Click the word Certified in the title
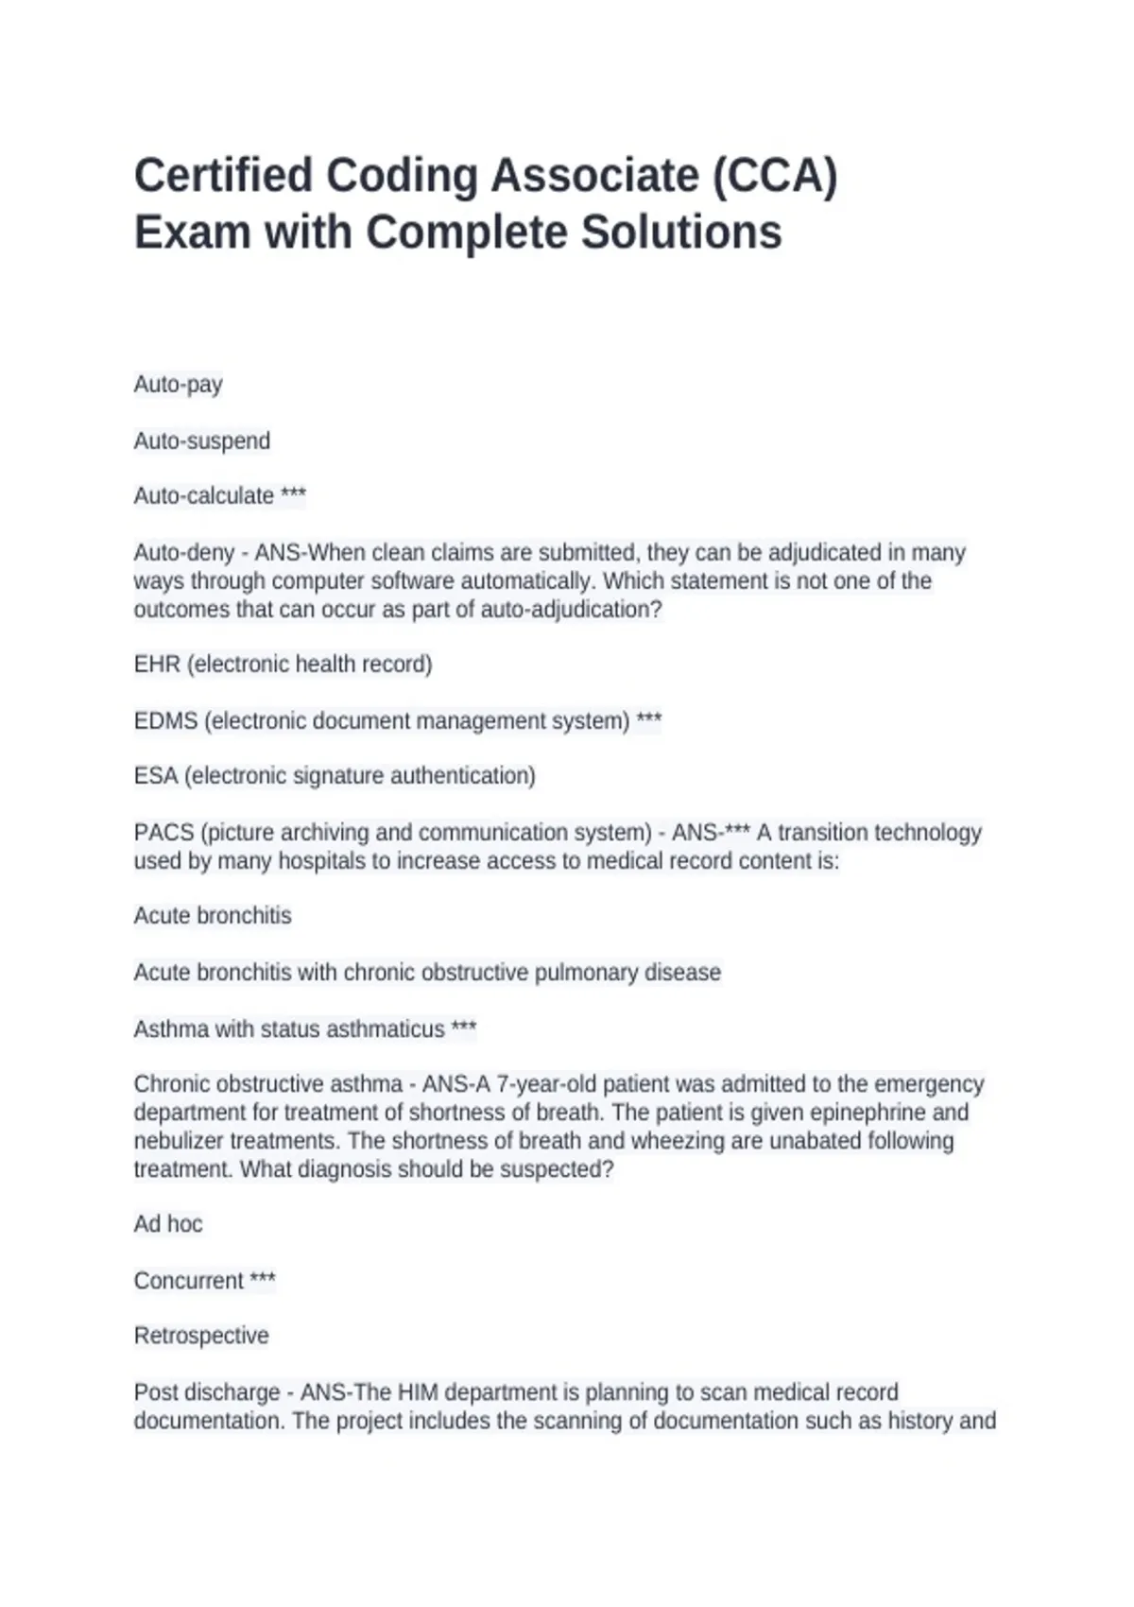tap(223, 177)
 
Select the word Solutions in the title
tap(680, 233)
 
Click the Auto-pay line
tap(179, 385)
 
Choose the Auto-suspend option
tap(202, 441)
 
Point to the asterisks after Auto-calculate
tap(293, 494)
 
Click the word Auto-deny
tap(184, 552)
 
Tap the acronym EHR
tap(157, 665)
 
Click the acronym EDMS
tap(165, 721)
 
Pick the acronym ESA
tap(156, 776)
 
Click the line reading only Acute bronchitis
tap(213, 916)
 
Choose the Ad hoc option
tap(168, 1224)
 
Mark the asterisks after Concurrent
tap(262, 1279)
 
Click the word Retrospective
tap(201, 1336)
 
